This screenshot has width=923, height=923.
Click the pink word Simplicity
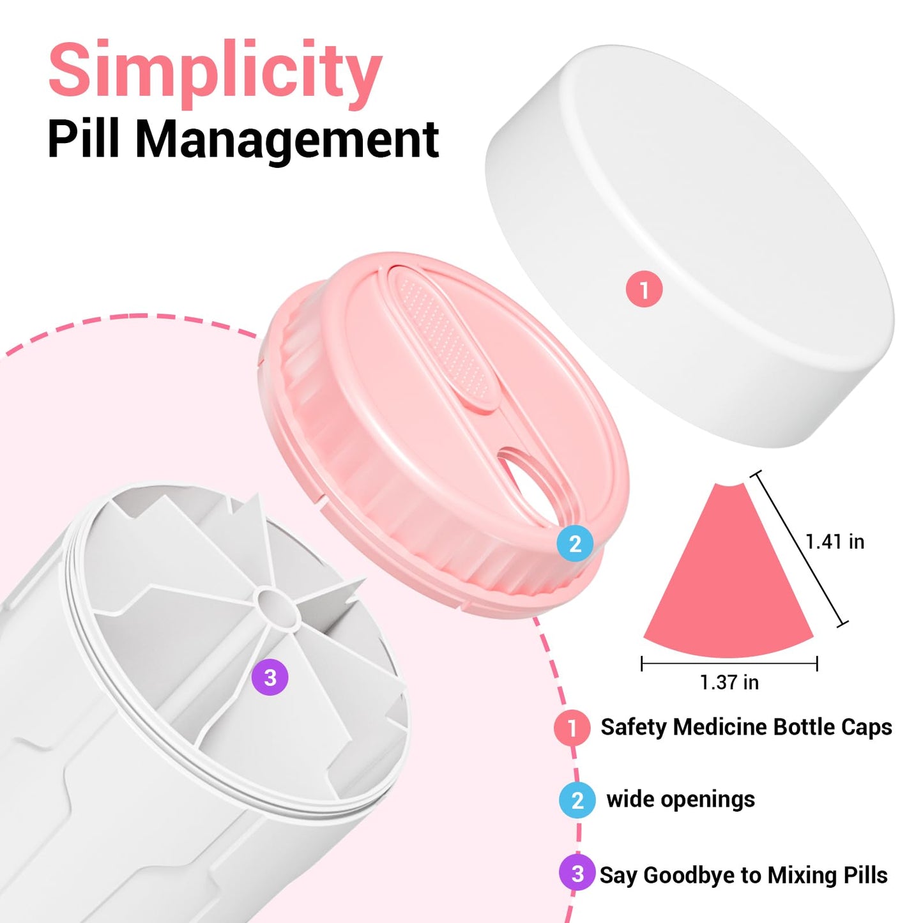point(215,75)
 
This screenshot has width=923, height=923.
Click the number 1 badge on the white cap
point(645,289)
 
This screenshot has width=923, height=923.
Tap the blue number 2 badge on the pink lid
point(575,544)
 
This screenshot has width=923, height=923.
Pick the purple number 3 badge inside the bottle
point(270,677)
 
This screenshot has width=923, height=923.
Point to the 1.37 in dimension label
point(729,683)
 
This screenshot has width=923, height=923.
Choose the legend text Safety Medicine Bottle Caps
point(746,727)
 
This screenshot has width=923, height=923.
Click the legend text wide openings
point(681,800)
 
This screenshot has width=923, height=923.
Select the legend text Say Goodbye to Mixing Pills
point(744,874)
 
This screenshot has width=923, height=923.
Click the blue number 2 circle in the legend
point(577,800)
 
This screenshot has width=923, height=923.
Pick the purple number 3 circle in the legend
point(577,873)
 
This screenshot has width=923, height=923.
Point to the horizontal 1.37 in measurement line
point(729,664)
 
